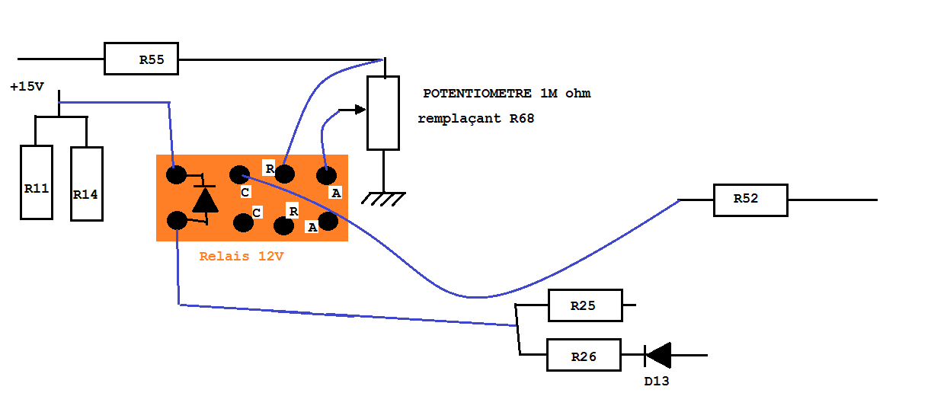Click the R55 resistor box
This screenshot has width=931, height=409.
tap(141, 59)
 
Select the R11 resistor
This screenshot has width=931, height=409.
tap(37, 182)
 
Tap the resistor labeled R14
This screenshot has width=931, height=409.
tap(86, 184)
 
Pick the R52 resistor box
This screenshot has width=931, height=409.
tap(750, 200)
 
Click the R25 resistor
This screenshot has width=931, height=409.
tap(585, 306)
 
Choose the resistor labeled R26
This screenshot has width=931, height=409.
tap(584, 356)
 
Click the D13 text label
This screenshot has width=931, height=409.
tap(656, 381)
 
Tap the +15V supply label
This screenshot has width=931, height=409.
tap(27, 87)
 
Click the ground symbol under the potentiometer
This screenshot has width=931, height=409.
tap(382, 198)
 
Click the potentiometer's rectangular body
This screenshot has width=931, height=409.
tap(382, 113)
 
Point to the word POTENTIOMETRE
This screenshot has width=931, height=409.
tap(477, 94)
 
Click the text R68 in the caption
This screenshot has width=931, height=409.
tap(522, 119)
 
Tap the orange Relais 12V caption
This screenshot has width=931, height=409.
tap(241, 257)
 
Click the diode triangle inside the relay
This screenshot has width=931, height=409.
tap(204, 200)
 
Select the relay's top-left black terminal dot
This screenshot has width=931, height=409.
tap(176, 175)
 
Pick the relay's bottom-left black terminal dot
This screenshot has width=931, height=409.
tap(176, 221)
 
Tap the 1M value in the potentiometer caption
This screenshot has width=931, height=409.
tap(549, 94)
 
